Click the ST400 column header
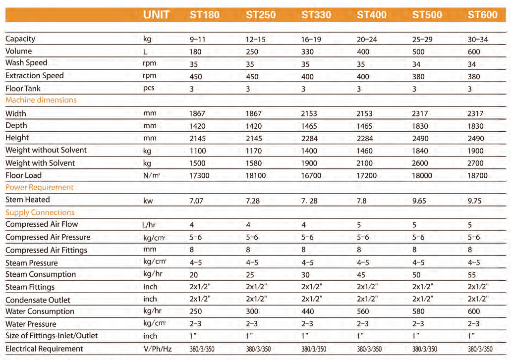(372, 15)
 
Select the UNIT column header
(156, 15)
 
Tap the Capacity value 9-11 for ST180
(197, 40)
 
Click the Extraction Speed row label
(35, 76)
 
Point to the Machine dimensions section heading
(41, 100)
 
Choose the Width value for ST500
(421, 114)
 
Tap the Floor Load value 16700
(311, 176)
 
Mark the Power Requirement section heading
(40, 187)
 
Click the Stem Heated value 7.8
(362, 201)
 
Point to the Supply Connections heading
(40, 212)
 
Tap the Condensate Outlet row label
(38, 300)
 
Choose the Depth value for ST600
(476, 126)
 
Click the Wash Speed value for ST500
(416, 64)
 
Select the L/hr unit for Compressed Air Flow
(149, 225)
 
